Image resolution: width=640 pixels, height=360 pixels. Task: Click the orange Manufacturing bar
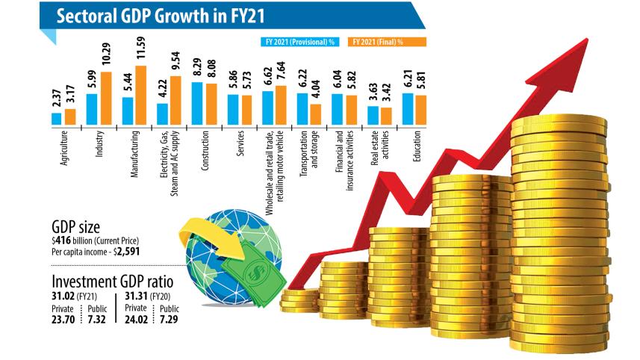141,95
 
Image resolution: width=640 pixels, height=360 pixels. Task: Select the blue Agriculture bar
56,119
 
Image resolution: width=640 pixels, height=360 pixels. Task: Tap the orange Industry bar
106,99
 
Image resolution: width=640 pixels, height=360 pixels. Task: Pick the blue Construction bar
197,103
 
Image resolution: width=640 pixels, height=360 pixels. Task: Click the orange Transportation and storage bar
315,114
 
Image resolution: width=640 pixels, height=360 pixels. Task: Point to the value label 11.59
141,48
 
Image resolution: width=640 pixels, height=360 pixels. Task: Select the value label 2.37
56,99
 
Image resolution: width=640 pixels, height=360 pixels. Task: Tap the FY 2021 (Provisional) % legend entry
300,42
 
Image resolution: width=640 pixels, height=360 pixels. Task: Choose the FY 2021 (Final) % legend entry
387,42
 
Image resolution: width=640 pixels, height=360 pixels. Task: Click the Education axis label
417,146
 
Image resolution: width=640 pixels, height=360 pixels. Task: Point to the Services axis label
240,143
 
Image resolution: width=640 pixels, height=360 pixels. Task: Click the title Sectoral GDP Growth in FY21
161,16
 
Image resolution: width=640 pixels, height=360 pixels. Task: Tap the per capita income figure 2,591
128,252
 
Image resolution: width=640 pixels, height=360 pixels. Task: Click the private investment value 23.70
63,319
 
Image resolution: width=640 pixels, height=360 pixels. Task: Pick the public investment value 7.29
169,319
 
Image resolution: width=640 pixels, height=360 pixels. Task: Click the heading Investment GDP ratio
113,282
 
